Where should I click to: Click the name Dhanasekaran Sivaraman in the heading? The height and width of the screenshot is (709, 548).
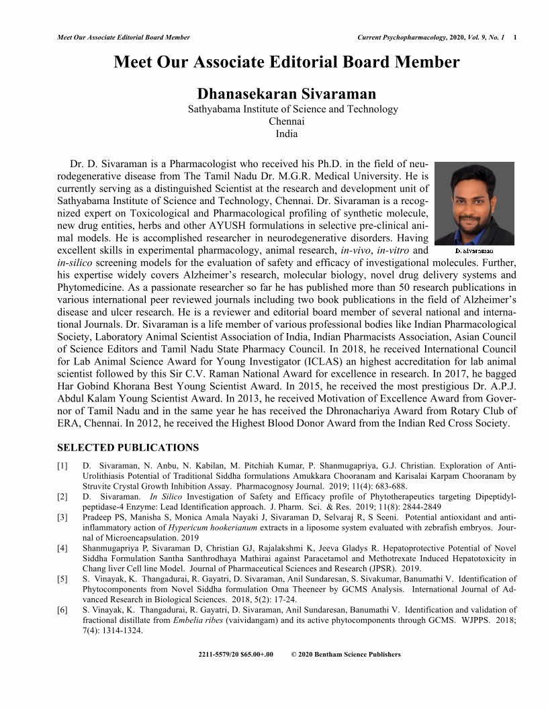tap(287, 93)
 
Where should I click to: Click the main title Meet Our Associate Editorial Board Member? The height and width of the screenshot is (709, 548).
tap(287, 62)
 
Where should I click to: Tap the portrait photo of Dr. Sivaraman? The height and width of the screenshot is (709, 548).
tap(475, 202)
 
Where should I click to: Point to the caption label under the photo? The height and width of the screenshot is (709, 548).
tap(474, 250)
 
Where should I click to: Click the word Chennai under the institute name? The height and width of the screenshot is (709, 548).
tap(287, 121)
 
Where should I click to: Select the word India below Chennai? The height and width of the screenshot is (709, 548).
tap(287, 133)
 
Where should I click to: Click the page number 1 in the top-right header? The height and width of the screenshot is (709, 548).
tap(514, 37)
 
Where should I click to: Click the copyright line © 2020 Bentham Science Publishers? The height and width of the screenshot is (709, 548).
tap(347, 655)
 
